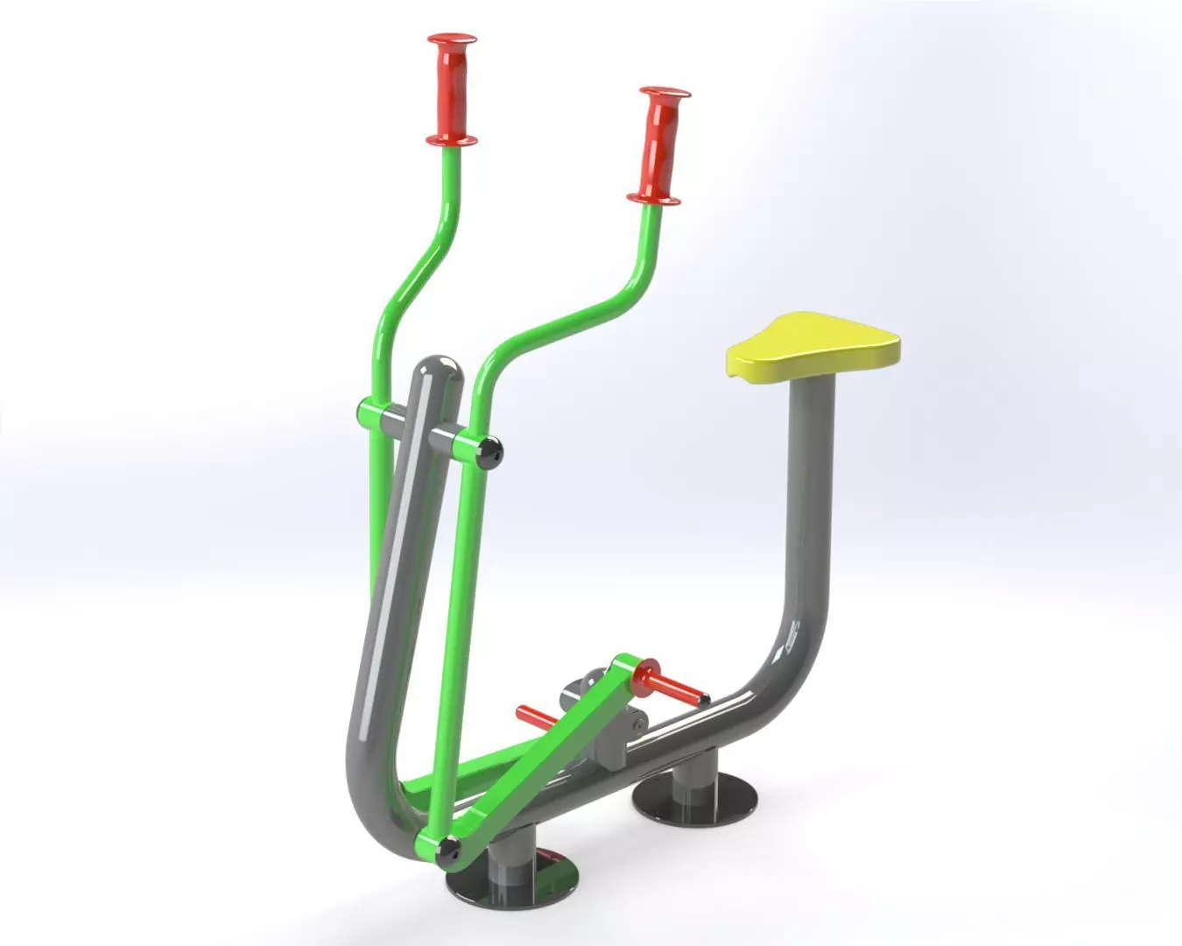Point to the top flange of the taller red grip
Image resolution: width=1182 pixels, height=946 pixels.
click(x=453, y=40)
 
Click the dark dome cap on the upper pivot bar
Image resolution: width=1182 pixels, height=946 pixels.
click(x=492, y=450)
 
